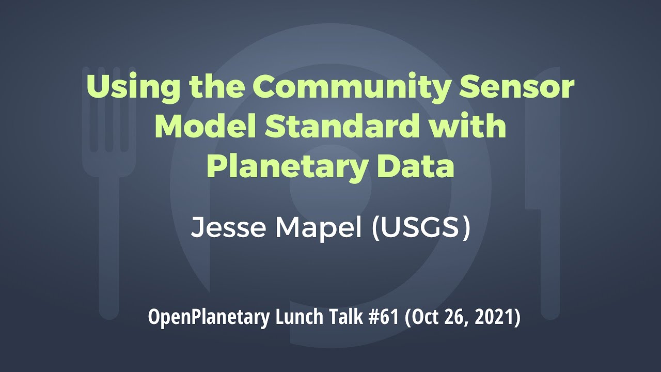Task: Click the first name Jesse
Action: point(228,228)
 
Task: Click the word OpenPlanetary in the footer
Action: point(209,317)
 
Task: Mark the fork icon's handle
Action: point(109,248)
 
